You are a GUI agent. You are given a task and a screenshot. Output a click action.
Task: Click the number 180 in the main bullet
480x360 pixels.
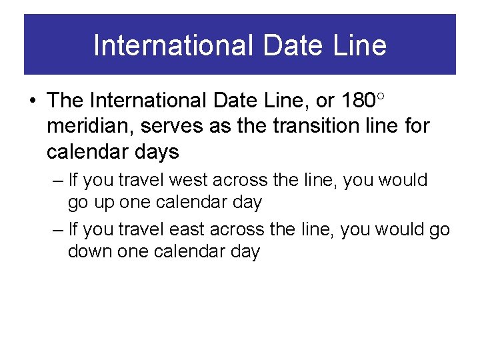click(357, 101)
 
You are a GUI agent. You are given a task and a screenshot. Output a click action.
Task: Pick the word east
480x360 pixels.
click(187, 230)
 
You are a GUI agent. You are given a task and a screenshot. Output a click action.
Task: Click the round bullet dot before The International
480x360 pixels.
click(33, 101)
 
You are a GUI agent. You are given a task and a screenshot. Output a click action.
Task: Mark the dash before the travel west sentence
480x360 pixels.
click(57, 181)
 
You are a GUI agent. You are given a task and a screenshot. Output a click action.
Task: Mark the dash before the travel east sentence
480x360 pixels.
click(57, 231)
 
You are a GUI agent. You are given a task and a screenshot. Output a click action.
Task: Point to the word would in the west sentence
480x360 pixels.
click(404, 180)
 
